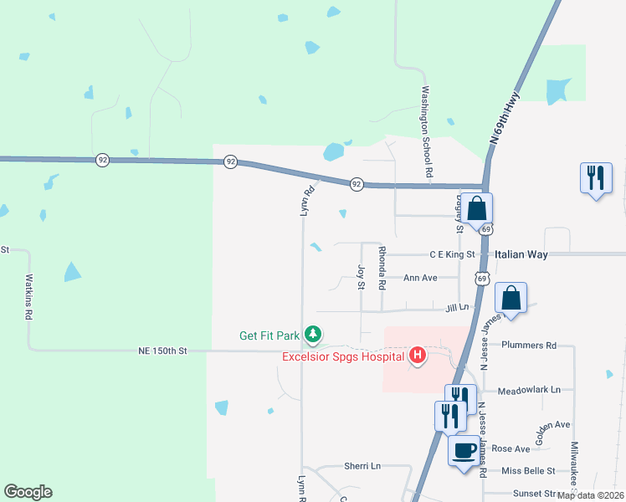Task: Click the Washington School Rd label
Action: [427, 131]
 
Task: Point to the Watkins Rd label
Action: [28, 298]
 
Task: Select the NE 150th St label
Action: [162, 351]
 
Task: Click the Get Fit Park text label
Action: [269, 336]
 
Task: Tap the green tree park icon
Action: [313, 336]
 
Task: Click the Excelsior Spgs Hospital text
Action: [344, 357]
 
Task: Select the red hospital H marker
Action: [418, 356]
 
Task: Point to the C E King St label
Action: [452, 254]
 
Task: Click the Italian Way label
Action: [521, 254]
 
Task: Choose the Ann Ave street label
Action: [420, 278]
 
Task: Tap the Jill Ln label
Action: [457, 307]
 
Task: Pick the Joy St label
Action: [362, 277]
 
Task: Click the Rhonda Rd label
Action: [382, 267]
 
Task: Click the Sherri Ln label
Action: [362, 466]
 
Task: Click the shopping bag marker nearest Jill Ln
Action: [511, 298]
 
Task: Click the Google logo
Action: [28, 492]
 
